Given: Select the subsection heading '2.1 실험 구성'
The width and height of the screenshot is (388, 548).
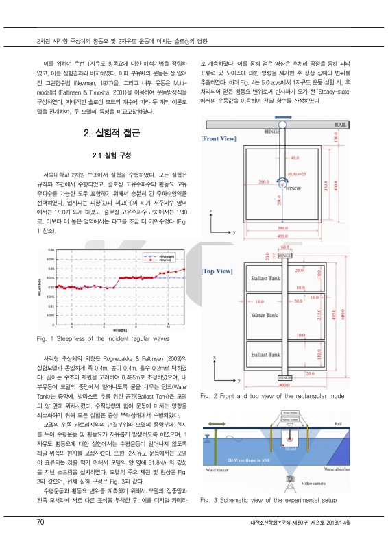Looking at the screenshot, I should [x=111, y=154].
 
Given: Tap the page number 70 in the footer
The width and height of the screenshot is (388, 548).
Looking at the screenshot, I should [x=41, y=523].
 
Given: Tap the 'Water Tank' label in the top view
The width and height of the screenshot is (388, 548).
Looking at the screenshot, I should [x=263, y=316].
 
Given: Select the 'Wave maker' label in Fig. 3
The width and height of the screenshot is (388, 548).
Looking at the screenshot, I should [x=218, y=470].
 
